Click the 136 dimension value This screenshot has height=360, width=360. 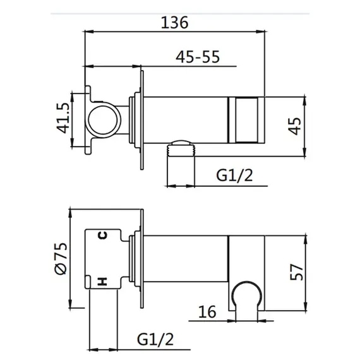175,23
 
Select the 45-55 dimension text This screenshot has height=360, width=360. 198,57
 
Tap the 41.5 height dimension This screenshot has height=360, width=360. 63,118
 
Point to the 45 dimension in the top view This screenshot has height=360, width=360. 295,126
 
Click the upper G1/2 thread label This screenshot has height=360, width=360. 234,176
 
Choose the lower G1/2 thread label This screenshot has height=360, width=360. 155,339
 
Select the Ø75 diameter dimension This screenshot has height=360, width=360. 61,258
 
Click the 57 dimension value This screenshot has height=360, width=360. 296,272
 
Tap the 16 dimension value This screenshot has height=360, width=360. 207,312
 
